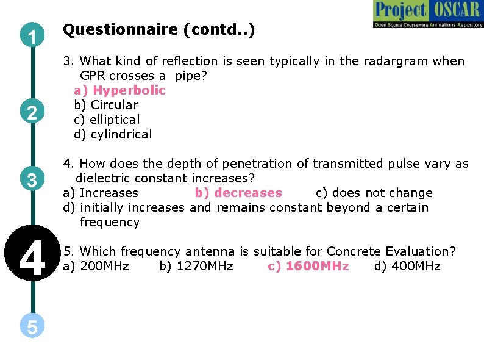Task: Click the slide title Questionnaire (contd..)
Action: click(x=158, y=29)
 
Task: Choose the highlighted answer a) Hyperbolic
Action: click(x=120, y=90)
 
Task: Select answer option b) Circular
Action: click(x=106, y=105)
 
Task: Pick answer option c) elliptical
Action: click(x=107, y=120)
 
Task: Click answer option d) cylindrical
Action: click(x=113, y=134)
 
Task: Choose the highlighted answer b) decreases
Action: click(x=238, y=193)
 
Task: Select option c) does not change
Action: click(x=374, y=193)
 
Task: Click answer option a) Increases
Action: click(x=101, y=193)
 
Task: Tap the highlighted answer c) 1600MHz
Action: click(x=308, y=266)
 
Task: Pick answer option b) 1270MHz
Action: click(x=196, y=266)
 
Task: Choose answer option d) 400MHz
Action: click(x=407, y=266)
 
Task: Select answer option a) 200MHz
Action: click(x=96, y=266)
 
